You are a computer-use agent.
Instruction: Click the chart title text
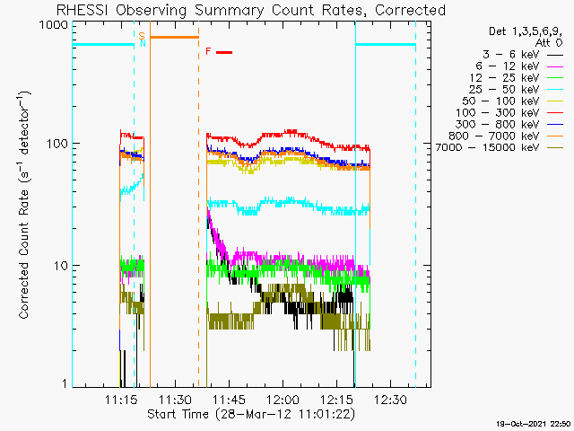[x=250, y=10]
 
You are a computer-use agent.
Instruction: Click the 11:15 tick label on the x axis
[x=121, y=400]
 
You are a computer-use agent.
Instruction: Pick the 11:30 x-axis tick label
[x=175, y=400]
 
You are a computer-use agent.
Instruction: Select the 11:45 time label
[x=229, y=400]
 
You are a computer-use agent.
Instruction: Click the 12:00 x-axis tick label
[x=283, y=400]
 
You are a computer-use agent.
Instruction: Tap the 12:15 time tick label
[x=337, y=400]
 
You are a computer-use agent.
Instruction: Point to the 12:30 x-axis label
[x=391, y=400]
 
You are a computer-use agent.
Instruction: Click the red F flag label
[x=208, y=52]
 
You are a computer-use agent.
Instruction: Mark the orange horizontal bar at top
[x=174, y=37]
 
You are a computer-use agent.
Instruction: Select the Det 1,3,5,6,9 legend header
[x=521, y=31]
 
